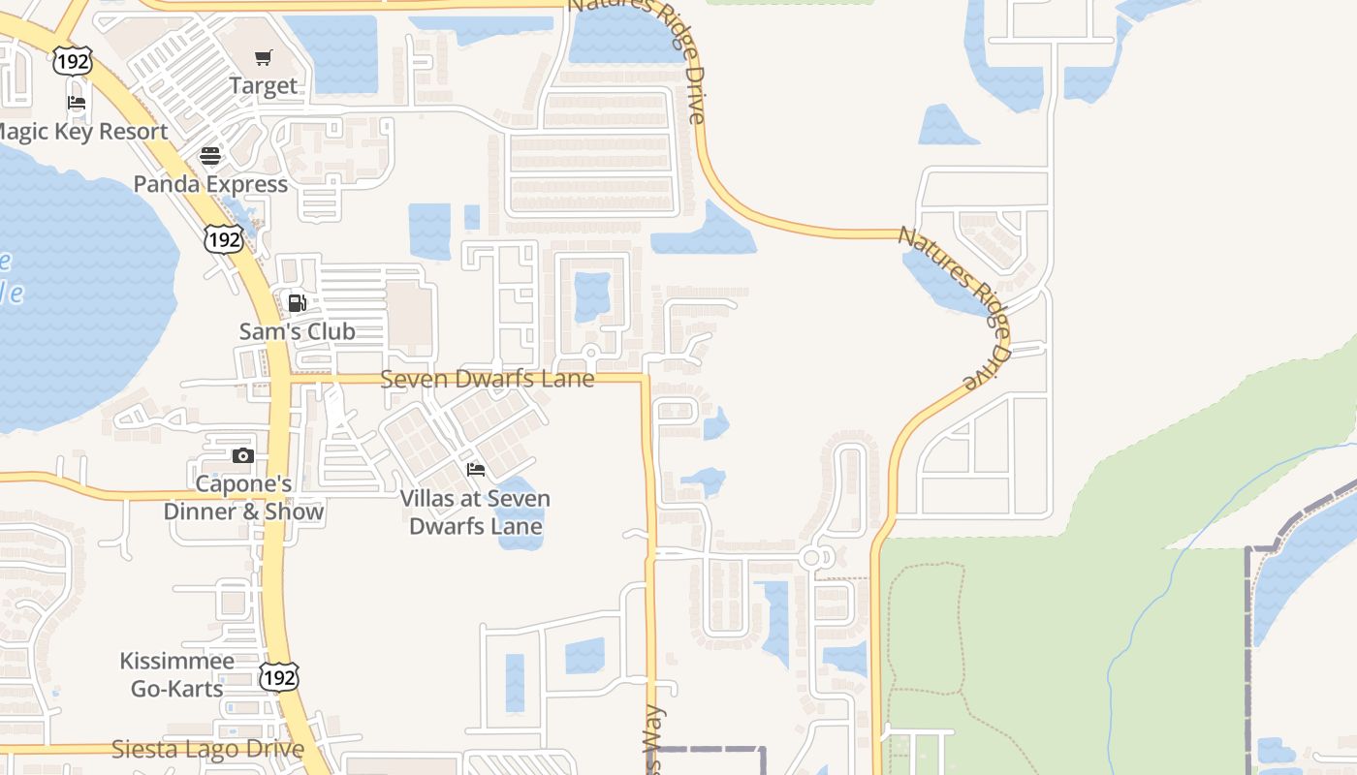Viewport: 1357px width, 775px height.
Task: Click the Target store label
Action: click(x=263, y=86)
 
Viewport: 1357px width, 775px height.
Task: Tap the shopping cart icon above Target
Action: click(x=263, y=58)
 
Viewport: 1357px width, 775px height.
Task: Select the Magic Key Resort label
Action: click(x=82, y=132)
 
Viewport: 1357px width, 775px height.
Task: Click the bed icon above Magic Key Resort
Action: click(x=77, y=103)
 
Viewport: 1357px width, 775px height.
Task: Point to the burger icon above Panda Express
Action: click(x=210, y=155)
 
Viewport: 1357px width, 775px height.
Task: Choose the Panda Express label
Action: click(x=210, y=184)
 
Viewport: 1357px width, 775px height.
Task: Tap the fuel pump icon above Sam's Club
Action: click(x=298, y=302)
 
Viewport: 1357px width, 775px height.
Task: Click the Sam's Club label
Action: click(x=298, y=331)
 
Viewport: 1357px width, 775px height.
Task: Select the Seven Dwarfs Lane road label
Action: click(x=487, y=379)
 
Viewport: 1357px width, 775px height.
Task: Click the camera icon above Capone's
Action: click(x=242, y=455)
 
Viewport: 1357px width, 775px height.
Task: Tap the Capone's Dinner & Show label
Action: click(x=243, y=498)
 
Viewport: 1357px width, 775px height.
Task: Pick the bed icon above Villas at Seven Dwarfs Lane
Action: click(x=476, y=470)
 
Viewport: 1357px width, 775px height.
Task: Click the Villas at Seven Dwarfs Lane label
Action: click(x=476, y=512)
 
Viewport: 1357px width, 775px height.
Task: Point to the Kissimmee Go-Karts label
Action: click(x=176, y=675)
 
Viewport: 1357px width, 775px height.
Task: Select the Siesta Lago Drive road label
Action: click(x=207, y=749)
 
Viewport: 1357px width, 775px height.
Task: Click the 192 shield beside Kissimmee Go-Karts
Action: click(x=278, y=677)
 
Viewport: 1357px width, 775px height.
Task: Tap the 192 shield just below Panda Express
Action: click(x=223, y=238)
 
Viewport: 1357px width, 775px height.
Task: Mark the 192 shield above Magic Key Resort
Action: click(x=73, y=62)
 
